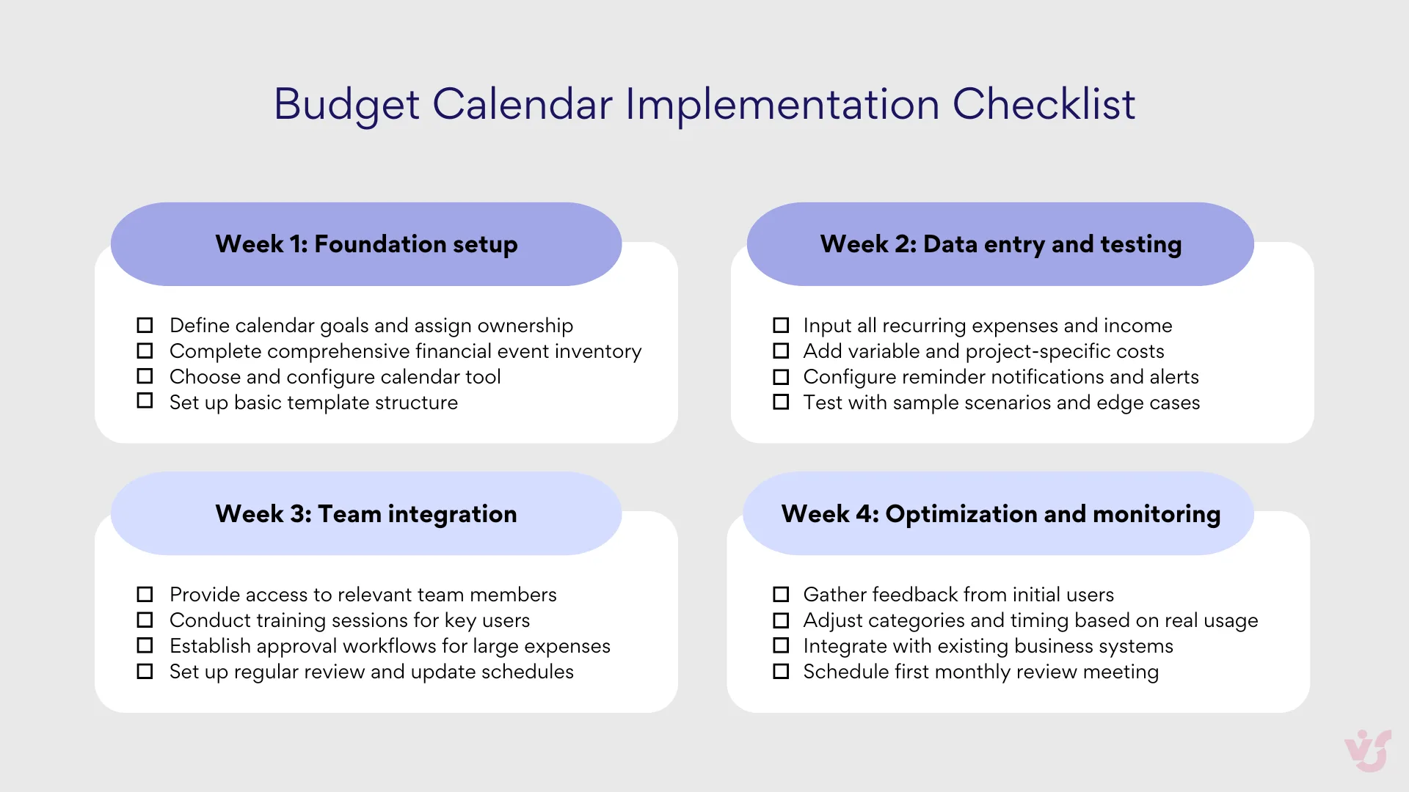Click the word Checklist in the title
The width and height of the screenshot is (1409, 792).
click(1044, 104)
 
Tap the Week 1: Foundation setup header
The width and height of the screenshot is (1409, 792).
click(366, 244)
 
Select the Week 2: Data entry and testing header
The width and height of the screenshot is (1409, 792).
click(1000, 244)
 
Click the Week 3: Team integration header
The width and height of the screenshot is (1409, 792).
click(366, 514)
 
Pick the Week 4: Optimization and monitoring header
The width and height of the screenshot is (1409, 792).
click(1000, 514)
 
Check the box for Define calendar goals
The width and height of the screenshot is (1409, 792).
click(145, 325)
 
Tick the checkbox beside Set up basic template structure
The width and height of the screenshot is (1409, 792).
click(145, 401)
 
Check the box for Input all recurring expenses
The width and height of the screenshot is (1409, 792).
click(781, 325)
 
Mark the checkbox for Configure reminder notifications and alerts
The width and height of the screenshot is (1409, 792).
click(781, 377)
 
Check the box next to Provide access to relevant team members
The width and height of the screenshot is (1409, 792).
click(145, 595)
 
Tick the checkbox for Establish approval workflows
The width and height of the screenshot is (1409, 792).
click(145, 645)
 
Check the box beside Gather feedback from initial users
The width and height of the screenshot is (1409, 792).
click(781, 595)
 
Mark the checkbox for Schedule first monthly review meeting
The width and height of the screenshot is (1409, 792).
click(781, 671)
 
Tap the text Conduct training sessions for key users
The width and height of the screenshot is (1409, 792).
click(349, 620)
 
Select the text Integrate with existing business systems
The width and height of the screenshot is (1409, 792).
click(988, 646)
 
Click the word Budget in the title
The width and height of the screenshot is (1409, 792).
click(346, 104)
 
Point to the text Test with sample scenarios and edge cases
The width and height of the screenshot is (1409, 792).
click(1001, 403)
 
